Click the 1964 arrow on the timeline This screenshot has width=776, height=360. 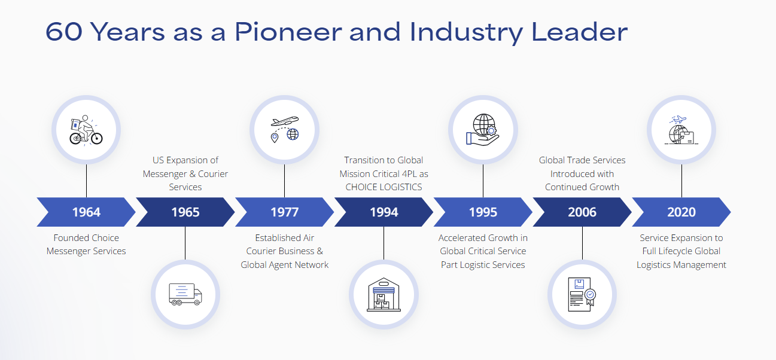[x=86, y=212]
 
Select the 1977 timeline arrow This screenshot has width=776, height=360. [x=284, y=212]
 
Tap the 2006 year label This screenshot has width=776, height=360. [x=582, y=212]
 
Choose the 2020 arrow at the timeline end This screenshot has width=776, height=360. [x=681, y=212]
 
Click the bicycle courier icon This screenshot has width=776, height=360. [x=86, y=130]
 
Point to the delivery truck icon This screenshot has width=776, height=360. [x=185, y=294]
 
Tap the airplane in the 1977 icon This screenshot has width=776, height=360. [x=285, y=121]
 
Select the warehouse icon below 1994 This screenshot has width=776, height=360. [x=384, y=294]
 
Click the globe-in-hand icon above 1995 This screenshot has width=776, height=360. [x=483, y=130]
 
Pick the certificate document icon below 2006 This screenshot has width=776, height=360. [x=582, y=294]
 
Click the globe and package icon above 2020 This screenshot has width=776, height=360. [x=681, y=130]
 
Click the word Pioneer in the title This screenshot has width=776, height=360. [x=288, y=32]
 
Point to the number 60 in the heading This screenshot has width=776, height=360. [x=64, y=32]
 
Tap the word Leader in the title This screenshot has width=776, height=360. [x=579, y=32]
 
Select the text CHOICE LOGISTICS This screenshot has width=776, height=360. [x=384, y=187]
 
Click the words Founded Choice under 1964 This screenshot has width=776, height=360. [x=86, y=238]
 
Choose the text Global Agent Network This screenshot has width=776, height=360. [x=284, y=265]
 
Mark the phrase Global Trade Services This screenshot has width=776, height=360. [x=582, y=160]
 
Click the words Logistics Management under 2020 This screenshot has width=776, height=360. [x=681, y=265]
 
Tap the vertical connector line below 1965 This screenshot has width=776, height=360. [x=185, y=243]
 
